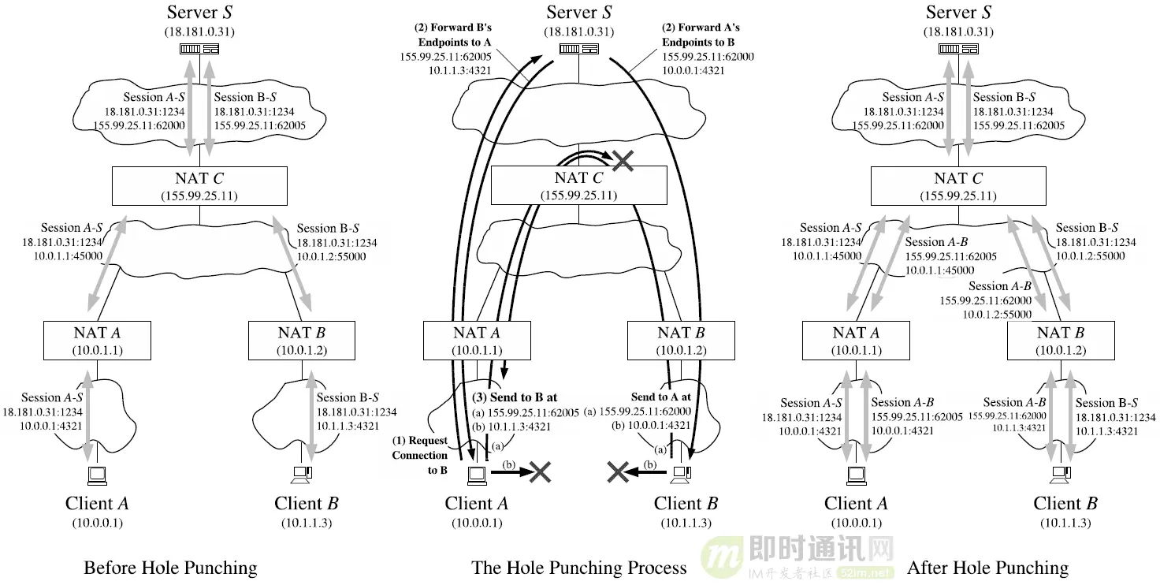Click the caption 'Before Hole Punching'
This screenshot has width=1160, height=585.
point(170,568)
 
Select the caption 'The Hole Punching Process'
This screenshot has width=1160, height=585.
point(579,568)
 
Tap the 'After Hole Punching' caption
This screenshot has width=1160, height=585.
point(987,568)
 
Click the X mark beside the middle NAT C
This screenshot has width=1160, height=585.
point(623,160)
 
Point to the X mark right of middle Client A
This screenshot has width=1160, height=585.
point(540,472)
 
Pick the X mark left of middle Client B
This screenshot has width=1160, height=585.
point(617,472)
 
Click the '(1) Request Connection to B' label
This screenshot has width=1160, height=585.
point(420,455)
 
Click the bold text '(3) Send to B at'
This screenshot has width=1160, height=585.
point(515,397)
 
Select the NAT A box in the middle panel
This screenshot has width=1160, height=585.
point(476,340)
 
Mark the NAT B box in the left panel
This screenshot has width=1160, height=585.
point(303,340)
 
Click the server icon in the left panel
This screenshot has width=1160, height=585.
point(199,49)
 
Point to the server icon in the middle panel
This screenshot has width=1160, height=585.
point(578,49)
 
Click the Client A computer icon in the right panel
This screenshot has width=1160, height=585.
point(855,474)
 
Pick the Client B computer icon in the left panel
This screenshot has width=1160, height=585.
point(302,474)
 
